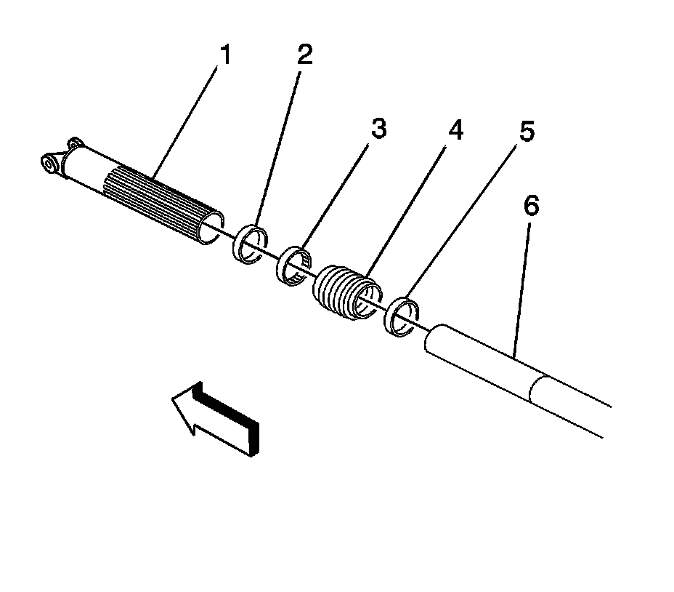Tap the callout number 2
tap(304, 55)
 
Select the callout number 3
tap(378, 129)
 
